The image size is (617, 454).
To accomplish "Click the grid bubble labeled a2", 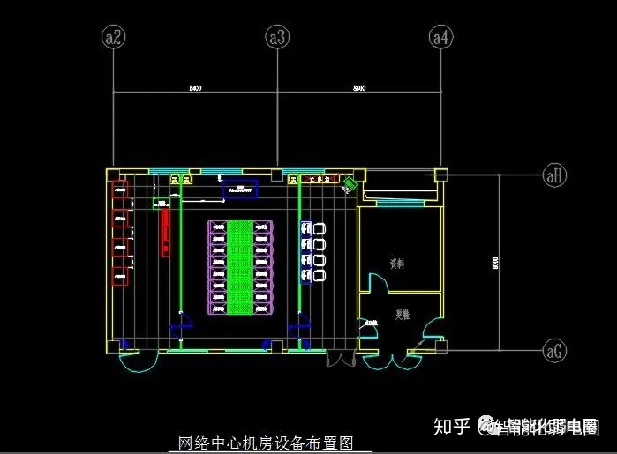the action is pyautogui.click(x=114, y=37).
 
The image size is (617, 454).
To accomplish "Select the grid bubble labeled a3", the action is pyautogui.click(x=277, y=37).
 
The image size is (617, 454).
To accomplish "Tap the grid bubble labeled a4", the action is pyautogui.click(x=440, y=37).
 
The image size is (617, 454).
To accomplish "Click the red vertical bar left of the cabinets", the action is pyautogui.click(x=164, y=232).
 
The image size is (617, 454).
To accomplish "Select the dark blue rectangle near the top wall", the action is pyautogui.click(x=239, y=187).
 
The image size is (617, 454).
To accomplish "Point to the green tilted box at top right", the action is pyautogui.click(x=350, y=184).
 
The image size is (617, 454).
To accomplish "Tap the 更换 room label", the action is pyautogui.click(x=402, y=314).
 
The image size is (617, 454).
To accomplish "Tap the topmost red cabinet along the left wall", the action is pyautogui.click(x=119, y=189).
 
